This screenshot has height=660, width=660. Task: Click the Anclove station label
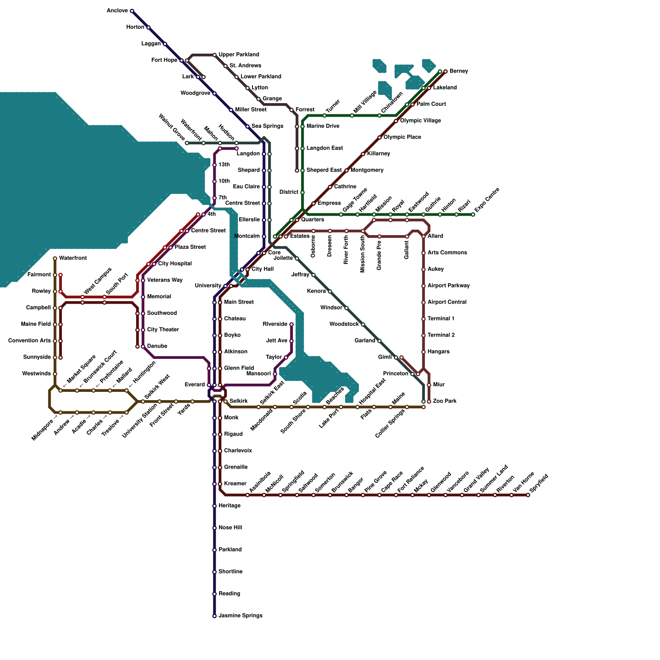[x=117, y=11]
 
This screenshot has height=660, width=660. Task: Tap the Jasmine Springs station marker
[x=214, y=616]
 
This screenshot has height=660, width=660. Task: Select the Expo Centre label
[x=487, y=200]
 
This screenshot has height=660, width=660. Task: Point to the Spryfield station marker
[x=528, y=495]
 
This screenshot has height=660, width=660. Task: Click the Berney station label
[x=459, y=71]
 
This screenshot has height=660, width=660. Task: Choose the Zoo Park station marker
[x=429, y=401]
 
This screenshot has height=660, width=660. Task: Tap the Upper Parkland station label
[x=239, y=55]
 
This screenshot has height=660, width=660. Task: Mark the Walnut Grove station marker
[x=187, y=143]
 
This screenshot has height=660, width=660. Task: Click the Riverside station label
[x=275, y=324]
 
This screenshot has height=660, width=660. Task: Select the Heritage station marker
[x=214, y=506]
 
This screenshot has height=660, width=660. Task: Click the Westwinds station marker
[x=55, y=374]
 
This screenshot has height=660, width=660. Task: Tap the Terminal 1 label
[x=441, y=319]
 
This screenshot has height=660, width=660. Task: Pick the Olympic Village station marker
[x=396, y=121]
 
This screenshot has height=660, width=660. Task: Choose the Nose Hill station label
[x=230, y=528]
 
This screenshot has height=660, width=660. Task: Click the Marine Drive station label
[x=323, y=126]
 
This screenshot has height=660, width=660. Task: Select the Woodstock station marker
[x=363, y=325]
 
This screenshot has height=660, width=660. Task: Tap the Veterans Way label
[x=165, y=280]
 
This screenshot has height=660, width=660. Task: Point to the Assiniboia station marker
[x=247, y=495]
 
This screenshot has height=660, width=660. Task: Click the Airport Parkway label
[x=448, y=286]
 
